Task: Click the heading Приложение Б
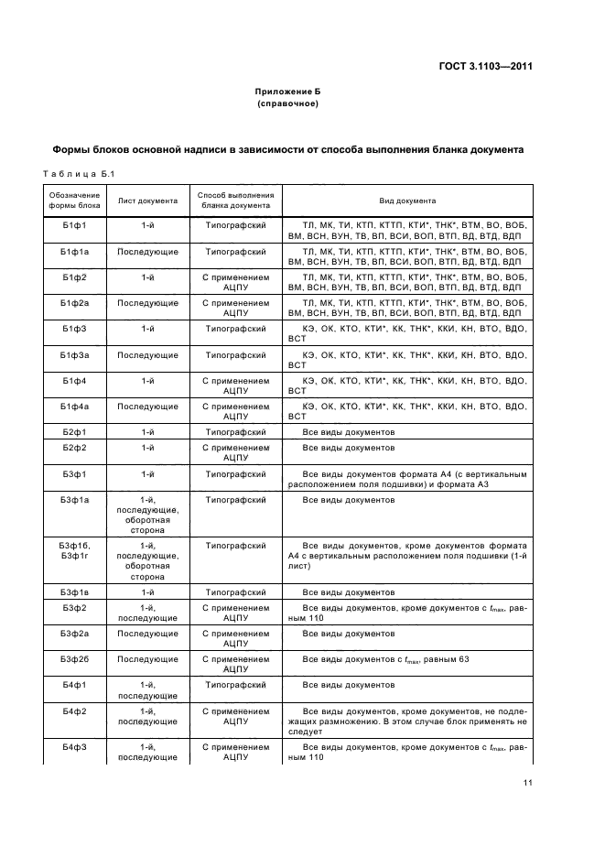click(287, 92)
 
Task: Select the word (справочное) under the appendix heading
click(287, 104)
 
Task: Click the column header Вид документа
click(407, 201)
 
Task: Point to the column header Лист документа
click(146, 201)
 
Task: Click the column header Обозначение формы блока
click(73, 201)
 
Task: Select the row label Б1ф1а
click(73, 250)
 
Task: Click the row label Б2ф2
click(73, 448)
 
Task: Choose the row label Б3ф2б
click(73, 658)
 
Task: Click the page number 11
click(528, 782)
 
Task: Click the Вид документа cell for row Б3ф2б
click(407, 658)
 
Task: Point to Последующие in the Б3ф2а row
click(146, 633)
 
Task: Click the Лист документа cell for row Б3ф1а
click(146, 515)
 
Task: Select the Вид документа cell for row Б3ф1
click(407, 479)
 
